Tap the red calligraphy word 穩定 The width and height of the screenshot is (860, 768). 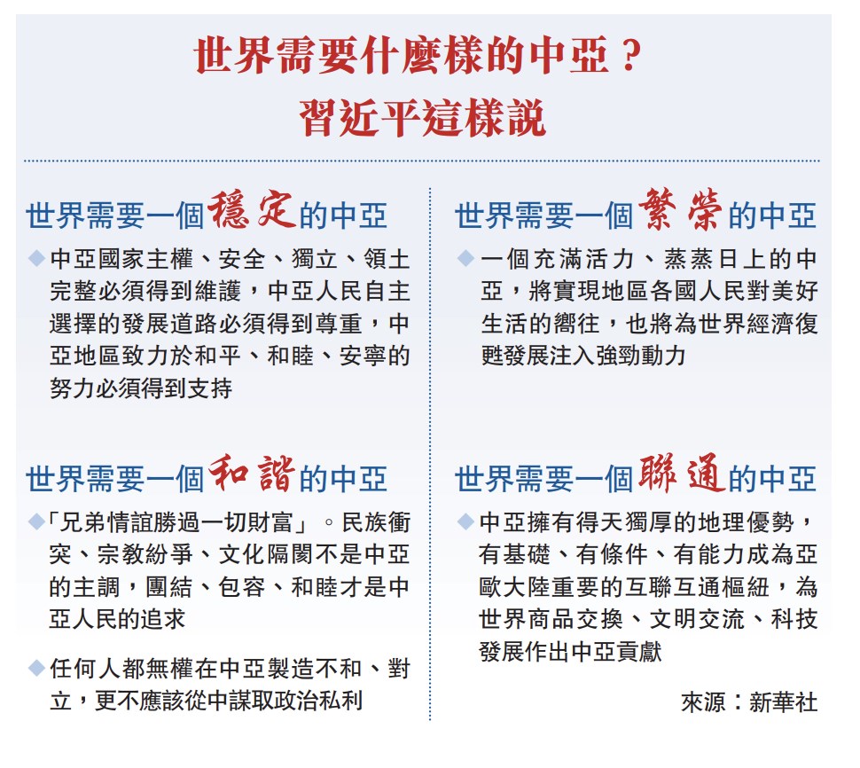click(x=253, y=209)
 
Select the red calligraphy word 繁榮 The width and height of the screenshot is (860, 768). click(x=681, y=209)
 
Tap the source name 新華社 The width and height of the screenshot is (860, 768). click(x=783, y=702)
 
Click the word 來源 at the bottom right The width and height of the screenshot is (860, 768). click(x=704, y=702)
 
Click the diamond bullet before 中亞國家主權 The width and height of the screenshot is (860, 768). click(x=36, y=258)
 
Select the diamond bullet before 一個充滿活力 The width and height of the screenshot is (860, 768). click(x=465, y=258)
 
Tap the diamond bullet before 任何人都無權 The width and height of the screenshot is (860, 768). click(x=36, y=668)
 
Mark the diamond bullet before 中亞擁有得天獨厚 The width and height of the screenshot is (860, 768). click(x=465, y=521)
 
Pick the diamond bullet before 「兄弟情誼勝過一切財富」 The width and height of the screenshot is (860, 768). click(x=36, y=521)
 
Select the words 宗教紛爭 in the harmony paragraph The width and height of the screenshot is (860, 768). click(x=145, y=554)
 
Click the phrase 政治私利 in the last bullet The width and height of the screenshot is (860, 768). click(x=316, y=701)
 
